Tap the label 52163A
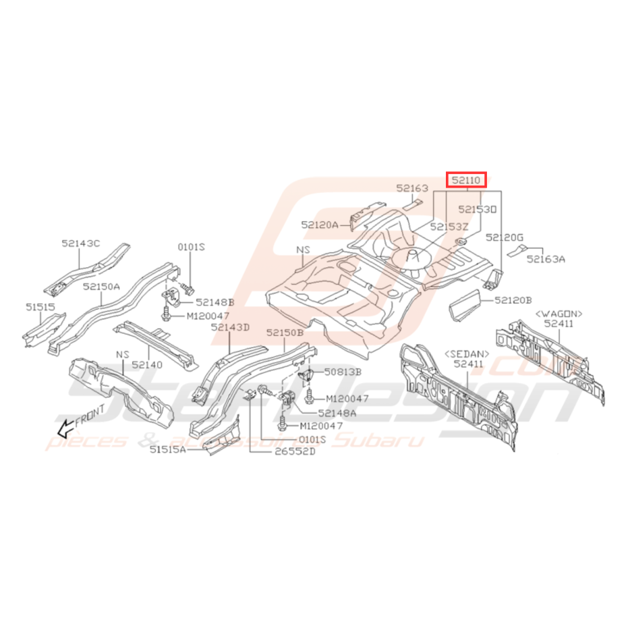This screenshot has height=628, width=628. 546,258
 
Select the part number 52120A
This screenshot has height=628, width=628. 320,226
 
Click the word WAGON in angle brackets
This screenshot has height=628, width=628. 559,314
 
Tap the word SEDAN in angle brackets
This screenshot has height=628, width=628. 465,353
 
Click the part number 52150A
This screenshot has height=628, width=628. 101,286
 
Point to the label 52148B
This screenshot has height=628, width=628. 215,302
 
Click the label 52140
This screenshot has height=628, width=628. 147,364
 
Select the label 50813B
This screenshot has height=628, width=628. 342,371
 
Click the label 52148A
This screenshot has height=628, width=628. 337,412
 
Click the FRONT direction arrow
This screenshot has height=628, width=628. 66,426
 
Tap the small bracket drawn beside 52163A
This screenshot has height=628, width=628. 516,250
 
